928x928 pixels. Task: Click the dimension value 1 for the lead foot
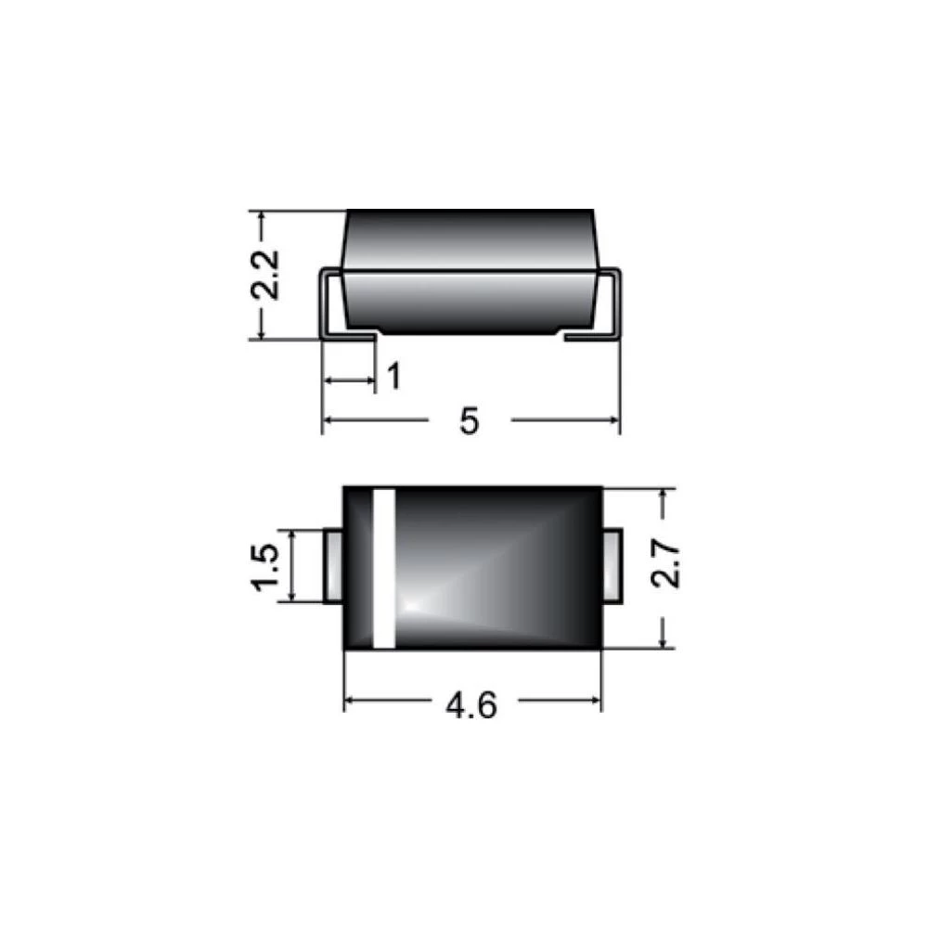pyautogui.click(x=393, y=378)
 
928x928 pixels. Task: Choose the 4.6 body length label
pyautogui.click(x=471, y=705)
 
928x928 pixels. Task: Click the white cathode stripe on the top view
pyautogui.click(x=383, y=567)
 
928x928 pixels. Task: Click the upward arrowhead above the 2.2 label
pyautogui.click(x=262, y=218)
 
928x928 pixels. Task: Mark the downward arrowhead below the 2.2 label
pyautogui.click(x=262, y=332)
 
